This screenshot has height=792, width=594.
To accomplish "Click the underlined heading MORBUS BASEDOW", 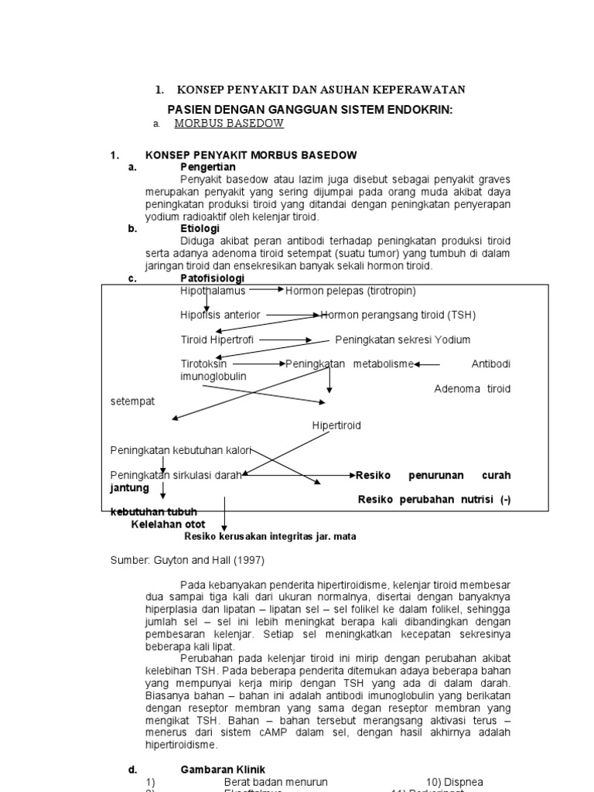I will [x=229, y=123].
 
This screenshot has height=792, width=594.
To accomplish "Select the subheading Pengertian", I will [x=208, y=167].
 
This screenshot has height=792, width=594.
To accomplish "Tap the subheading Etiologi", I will [x=200, y=229].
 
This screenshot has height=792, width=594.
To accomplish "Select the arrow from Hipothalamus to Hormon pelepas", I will [x=265, y=290].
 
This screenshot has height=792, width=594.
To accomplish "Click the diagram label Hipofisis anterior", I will [x=220, y=316].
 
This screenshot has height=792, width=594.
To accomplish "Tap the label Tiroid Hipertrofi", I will [x=217, y=340].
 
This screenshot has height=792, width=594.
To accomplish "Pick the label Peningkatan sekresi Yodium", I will [x=402, y=340].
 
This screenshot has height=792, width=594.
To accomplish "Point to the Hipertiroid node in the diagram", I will [x=336, y=426].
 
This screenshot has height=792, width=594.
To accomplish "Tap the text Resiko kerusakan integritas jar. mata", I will [x=270, y=536].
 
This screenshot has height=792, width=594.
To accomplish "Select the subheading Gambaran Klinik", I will [x=223, y=770].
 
